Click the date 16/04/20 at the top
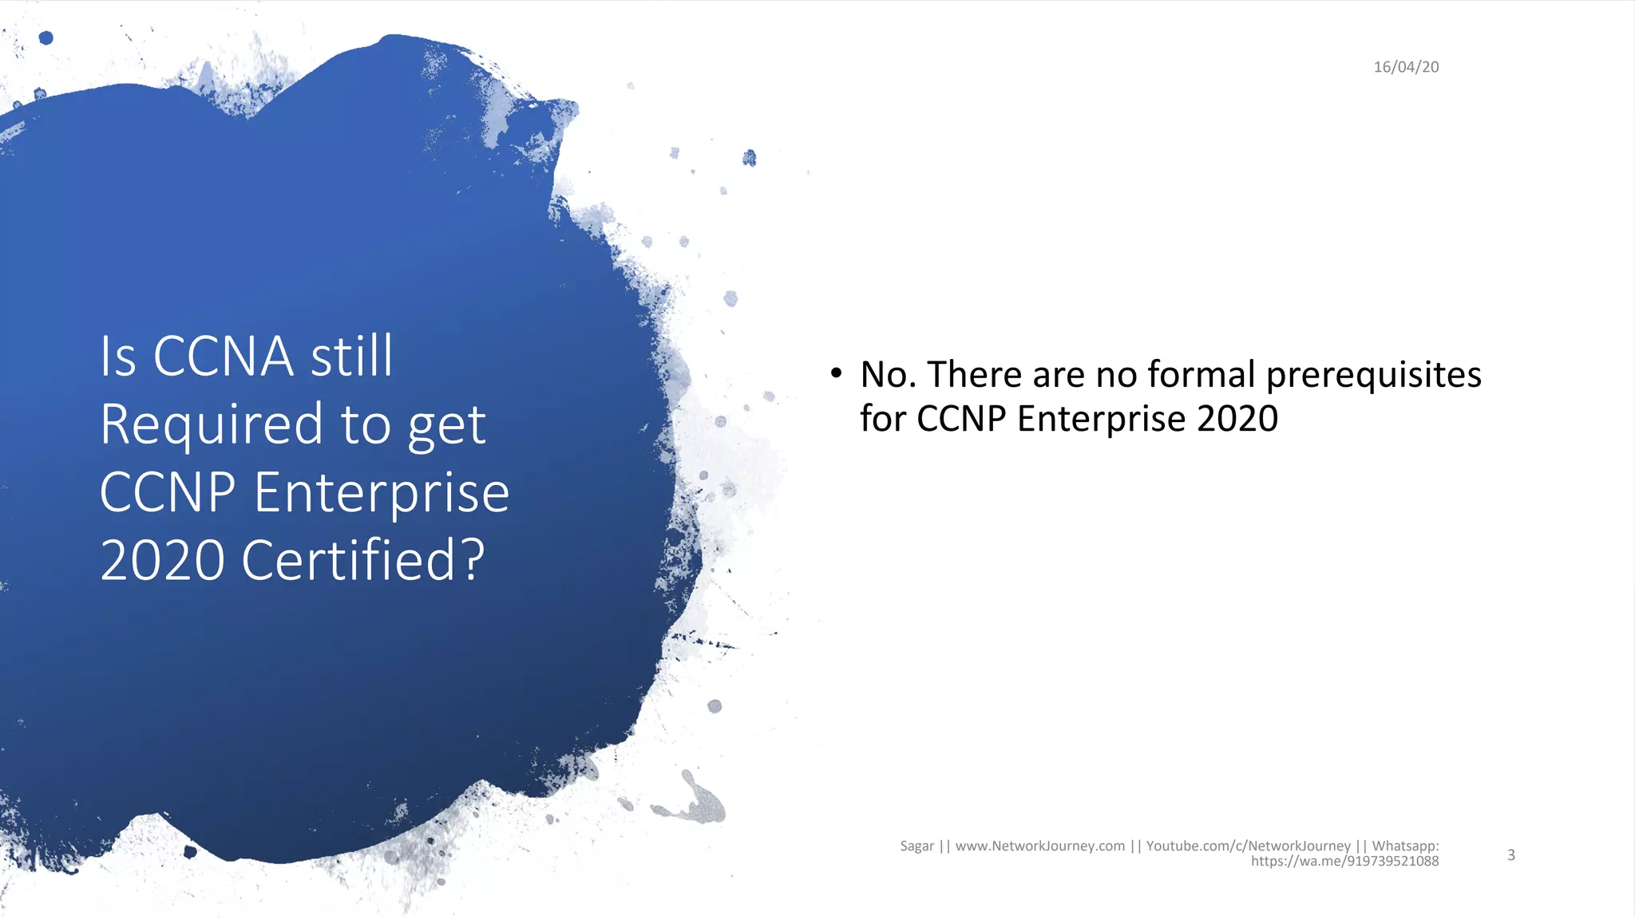pyautogui.click(x=1406, y=67)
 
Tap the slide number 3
pyautogui.click(x=1510, y=855)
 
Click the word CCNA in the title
pyautogui.click(x=223, y=356)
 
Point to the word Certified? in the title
pyautogui.click(x=362, y=560)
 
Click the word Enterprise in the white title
pyautogui.click(x=382, y=492)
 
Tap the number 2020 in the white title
pyautogui.click(x=163, y=560)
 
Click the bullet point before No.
pyautogui.click(x=836, y=373)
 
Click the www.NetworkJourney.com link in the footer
pyautogui.click(x=1039, y=846)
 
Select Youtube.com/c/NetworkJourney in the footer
pyautogui.click(x=1248, y=846)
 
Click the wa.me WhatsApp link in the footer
pyautogui.click(x=1344, y=862)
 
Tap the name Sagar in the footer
pyautogui.click(x=916, y=846)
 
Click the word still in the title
pyautogui.click(x=351, y=356)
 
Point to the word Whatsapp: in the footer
pyautogui.click(x=1405, y=846)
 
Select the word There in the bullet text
pyautogui.click(x=975, y=374)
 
